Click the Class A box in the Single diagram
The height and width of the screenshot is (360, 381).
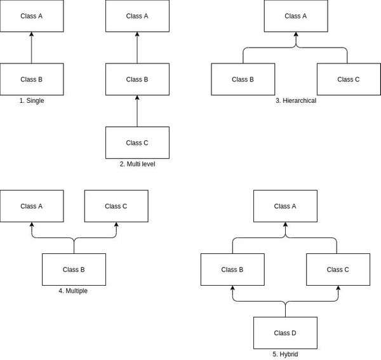click(x=32, y=16)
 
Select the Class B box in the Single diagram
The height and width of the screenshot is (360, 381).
click(x=32, y=79)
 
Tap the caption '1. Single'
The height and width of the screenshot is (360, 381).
click(x=32, y=100)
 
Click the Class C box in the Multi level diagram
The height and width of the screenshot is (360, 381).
click(x=137, y=143)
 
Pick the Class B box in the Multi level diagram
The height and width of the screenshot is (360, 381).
click(x=137, y=79)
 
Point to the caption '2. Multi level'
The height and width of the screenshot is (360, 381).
click(x=137, y=164)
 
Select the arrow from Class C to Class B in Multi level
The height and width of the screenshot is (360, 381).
click(x=137, y=111)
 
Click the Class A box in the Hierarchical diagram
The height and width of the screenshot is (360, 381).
click(x=295, y=16)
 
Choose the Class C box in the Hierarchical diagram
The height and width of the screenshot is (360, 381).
click(x=348, y=79)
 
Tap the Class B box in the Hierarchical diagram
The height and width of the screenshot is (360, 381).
click(x=243, y=79)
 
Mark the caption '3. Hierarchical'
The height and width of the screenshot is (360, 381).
click(x=295, y=100)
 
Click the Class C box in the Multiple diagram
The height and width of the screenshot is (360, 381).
click(x=116, y=206)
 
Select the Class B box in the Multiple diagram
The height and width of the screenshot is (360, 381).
click(x=74, y=269)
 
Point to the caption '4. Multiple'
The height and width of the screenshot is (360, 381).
click(x=74, y=290)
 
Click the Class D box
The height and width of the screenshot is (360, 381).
click(x=285, y=333)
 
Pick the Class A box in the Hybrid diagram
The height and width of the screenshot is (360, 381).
click(x=285, y=206)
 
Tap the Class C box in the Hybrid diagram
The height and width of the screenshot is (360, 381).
click(x=338, y=269)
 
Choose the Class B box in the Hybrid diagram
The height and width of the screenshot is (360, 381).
click(x=232, y=269)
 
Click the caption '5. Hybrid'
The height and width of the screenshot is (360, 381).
click(x=285, y=354)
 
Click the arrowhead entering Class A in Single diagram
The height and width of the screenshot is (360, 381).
click(x=32, y=35)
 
